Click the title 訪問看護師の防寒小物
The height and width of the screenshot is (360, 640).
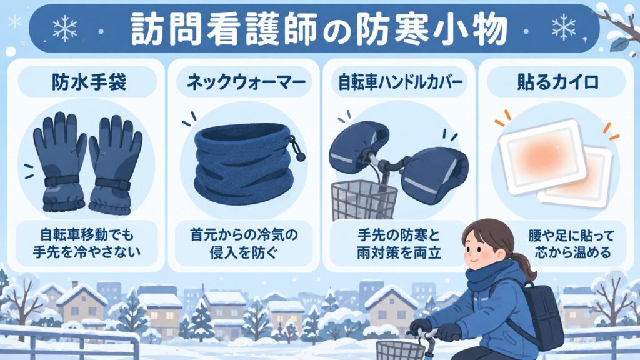click(x=319, y=29)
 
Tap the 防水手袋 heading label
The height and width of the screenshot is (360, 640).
click(x=89, y=82)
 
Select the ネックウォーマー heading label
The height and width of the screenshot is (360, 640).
click(x=246, y=82)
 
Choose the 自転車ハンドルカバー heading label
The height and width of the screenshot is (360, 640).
click(x=401, y=82)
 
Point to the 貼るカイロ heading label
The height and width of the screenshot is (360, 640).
click(x=557, y=82)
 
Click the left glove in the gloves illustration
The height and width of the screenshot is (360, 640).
click(x=61, y=161)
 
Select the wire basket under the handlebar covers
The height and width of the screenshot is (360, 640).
click(x=364, y=201)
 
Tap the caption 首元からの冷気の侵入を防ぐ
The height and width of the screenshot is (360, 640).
click(x=244, y=244)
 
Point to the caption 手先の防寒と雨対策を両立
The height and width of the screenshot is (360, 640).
click(x=399, y=244)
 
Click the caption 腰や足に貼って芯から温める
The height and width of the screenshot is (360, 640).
click(x=571, y=244)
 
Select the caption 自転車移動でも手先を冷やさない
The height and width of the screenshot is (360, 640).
click(x=86, y=244)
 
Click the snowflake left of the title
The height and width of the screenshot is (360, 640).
click(x=65, y=29)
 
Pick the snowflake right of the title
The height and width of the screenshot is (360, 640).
click(x=564, y=27)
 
